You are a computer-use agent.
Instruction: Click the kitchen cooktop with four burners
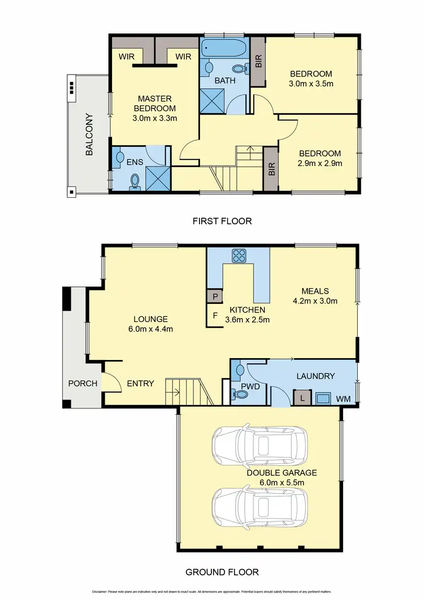239,256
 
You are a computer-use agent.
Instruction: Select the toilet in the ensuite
135,181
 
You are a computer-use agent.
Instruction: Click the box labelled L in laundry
302,398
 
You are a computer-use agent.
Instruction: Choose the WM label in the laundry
344,399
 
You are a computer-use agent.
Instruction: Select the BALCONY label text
89,135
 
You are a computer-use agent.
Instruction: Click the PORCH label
83,384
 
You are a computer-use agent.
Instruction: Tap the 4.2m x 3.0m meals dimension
315,301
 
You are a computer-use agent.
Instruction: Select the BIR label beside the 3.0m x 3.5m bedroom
258,61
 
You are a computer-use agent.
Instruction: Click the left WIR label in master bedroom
126,56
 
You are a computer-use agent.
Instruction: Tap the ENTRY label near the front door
140,384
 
